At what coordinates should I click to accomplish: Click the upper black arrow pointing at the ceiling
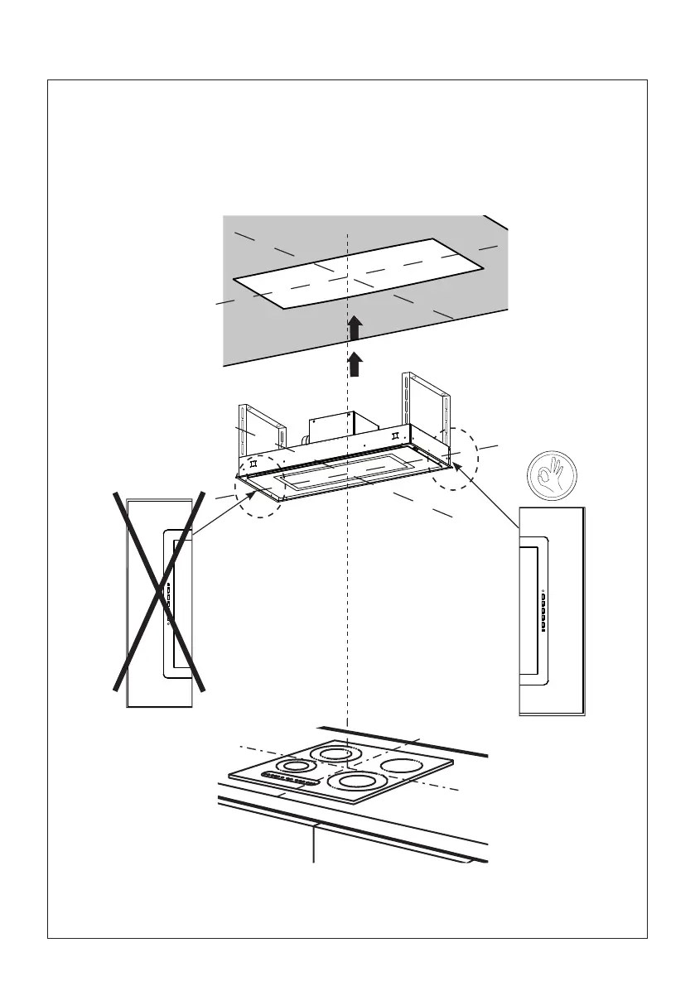coord(354,329)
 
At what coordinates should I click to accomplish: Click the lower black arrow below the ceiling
coord(354,363)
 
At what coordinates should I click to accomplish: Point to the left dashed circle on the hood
coord(258,494)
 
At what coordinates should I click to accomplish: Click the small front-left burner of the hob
coord(297,764)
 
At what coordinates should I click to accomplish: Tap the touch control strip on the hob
coord(290,779)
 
